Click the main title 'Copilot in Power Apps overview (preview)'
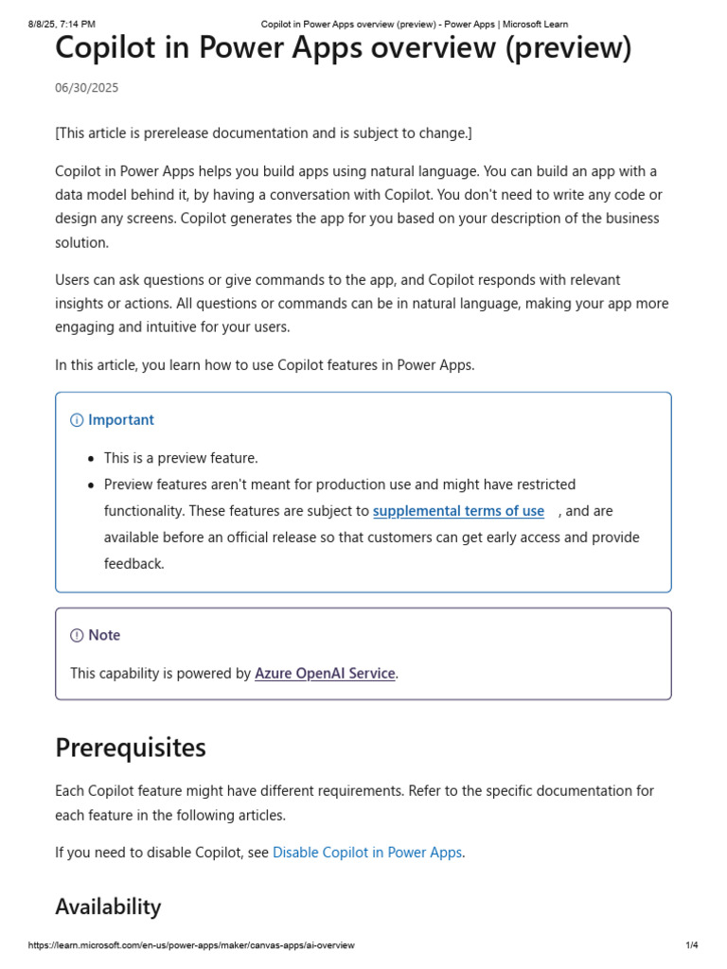[x=343, y=47]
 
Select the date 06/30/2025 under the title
[x=87, y=88]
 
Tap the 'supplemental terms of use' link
[x=458, y=511]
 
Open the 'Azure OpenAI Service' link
[x=325, y=674]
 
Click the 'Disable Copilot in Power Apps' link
[x=367, y=853]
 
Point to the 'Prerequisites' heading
[x=131, y=748]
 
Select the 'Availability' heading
[x=108, y=907]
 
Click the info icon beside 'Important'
[x=77, y=420]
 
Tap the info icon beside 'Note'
[x=77, y=636]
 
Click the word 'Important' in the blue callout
[x=121, y=420]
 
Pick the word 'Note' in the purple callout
[x=104, y=636]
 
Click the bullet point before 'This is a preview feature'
[x=91, y=459]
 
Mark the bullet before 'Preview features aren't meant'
[x=91, y=485]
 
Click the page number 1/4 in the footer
[x=692, y=945]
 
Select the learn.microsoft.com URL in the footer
[x=191, y=945]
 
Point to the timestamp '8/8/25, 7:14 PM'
[x=62, y=24]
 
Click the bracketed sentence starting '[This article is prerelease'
[x=263, y=133]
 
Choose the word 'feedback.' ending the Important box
[x=134, y=564]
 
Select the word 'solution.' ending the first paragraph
[x=82, y=242]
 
